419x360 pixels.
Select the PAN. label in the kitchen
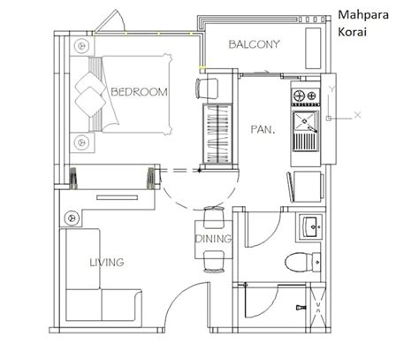(263, 129)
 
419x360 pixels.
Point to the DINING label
(213, 239)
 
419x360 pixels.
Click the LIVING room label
(106, 263)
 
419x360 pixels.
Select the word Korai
(354, 32)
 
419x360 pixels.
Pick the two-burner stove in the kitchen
(304, 96)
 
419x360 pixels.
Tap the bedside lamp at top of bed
(81, 43)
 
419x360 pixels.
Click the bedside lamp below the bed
(81, 140)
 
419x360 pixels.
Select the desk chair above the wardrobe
(207, 88)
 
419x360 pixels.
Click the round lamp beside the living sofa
(70, 216)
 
